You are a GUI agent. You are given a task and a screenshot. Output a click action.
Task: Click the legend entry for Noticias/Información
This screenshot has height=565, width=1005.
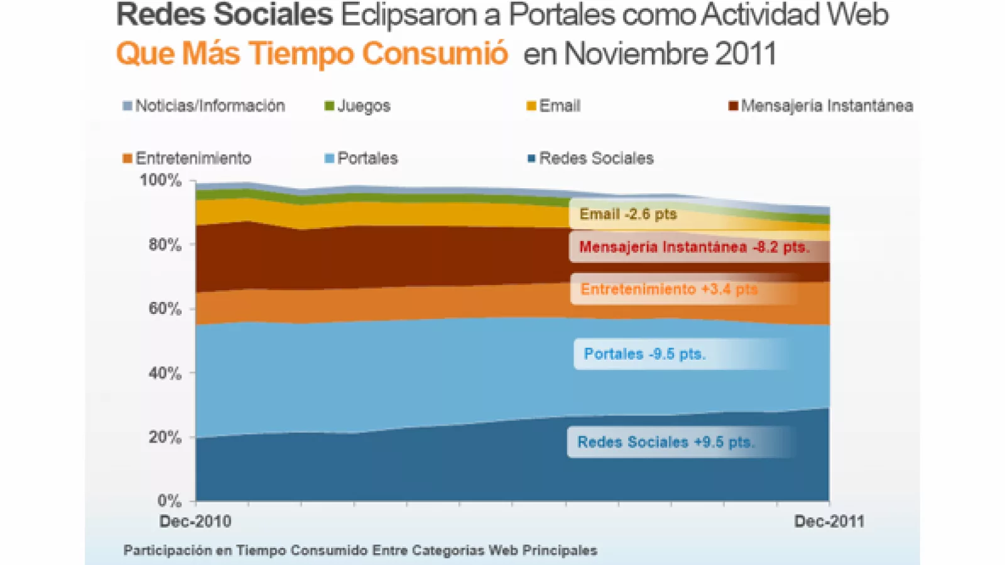point(204,105)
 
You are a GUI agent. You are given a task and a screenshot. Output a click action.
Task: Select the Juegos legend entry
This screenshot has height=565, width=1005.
point(357,105)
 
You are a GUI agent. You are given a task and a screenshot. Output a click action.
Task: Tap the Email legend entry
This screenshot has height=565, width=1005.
point(553,105)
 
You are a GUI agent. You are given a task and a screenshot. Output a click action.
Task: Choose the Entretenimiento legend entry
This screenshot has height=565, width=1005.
point(187,158)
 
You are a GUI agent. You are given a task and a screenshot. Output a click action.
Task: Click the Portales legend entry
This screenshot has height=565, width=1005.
point(361,158)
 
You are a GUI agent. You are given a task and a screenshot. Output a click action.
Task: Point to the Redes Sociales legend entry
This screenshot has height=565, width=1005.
point(590,158)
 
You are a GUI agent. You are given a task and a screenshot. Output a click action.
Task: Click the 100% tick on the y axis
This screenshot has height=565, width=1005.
point(161,181)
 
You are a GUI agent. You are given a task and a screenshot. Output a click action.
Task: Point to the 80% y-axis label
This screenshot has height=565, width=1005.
point(165,245)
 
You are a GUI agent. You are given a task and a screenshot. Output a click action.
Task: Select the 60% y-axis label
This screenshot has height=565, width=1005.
point(165,309)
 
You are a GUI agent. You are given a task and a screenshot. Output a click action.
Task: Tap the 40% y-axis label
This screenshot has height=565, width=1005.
point(165,374)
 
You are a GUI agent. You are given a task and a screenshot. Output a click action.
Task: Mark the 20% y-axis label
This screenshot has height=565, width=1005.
point(165,438)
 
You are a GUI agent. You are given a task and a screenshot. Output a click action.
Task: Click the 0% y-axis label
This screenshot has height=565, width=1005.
point(169,501)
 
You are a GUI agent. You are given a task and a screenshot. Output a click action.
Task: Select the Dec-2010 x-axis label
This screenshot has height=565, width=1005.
point(195,521)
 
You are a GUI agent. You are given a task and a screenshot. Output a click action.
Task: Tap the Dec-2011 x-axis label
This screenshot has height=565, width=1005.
point(829,521)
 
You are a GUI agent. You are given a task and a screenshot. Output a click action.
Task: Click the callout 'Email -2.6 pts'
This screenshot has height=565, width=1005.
point(628,214)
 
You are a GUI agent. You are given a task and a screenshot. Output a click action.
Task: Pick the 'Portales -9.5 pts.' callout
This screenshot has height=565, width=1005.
point(645,354)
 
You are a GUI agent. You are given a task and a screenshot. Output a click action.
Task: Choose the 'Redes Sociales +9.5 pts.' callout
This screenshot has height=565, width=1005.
point(666,442)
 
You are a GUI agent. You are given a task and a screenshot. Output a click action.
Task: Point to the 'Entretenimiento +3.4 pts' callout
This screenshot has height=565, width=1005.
point(669,289)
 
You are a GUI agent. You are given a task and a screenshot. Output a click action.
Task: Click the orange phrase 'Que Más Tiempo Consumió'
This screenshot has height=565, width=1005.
point(312,53)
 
